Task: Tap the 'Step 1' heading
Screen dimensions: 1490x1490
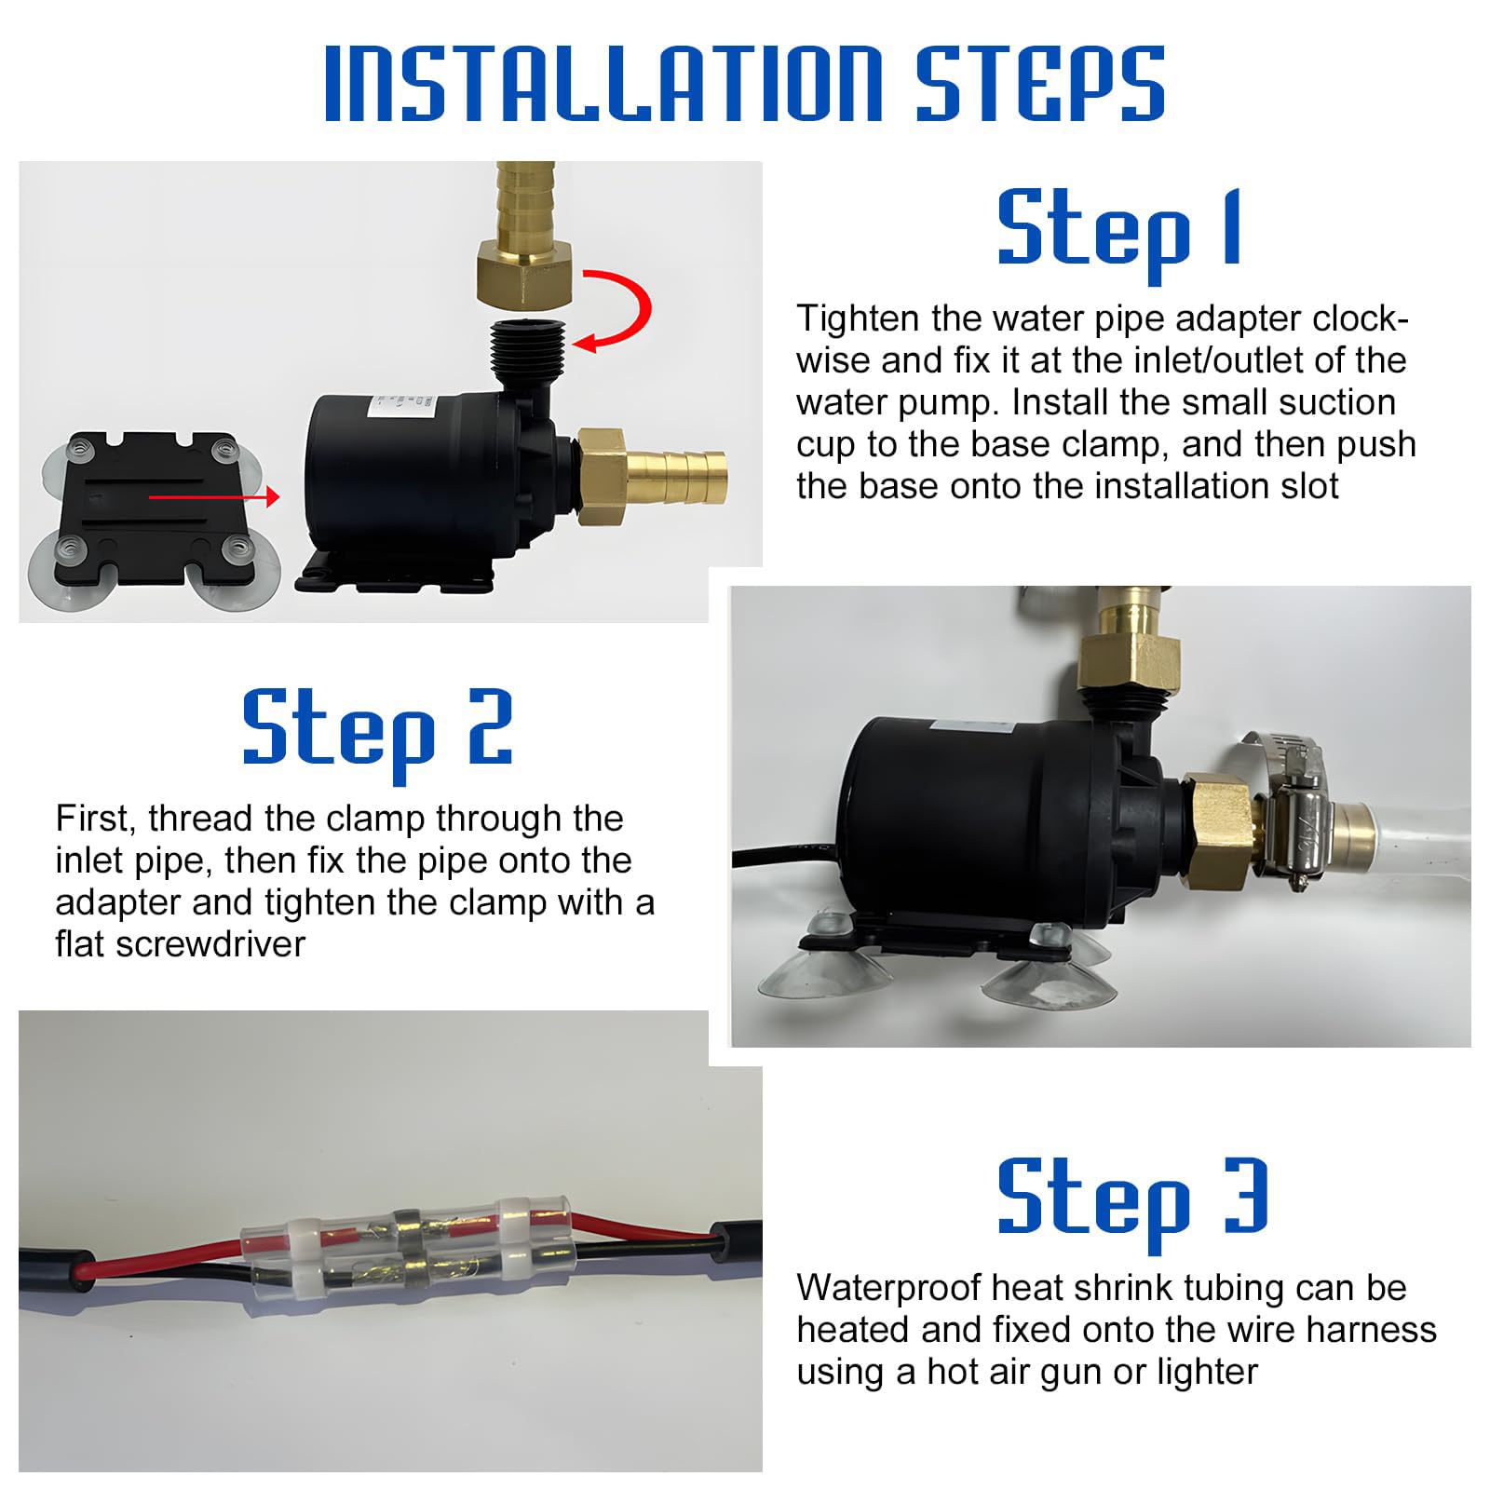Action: pos(1119,229)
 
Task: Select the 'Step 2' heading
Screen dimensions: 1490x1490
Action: pos(377,729)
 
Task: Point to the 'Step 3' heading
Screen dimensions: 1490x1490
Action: pos(1132,1198)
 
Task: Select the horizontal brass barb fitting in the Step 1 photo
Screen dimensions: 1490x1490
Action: pos(651,476)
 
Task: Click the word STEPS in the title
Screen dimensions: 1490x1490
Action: pos(1040,83)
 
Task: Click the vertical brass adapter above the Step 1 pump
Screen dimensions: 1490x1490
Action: pos(523,235)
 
